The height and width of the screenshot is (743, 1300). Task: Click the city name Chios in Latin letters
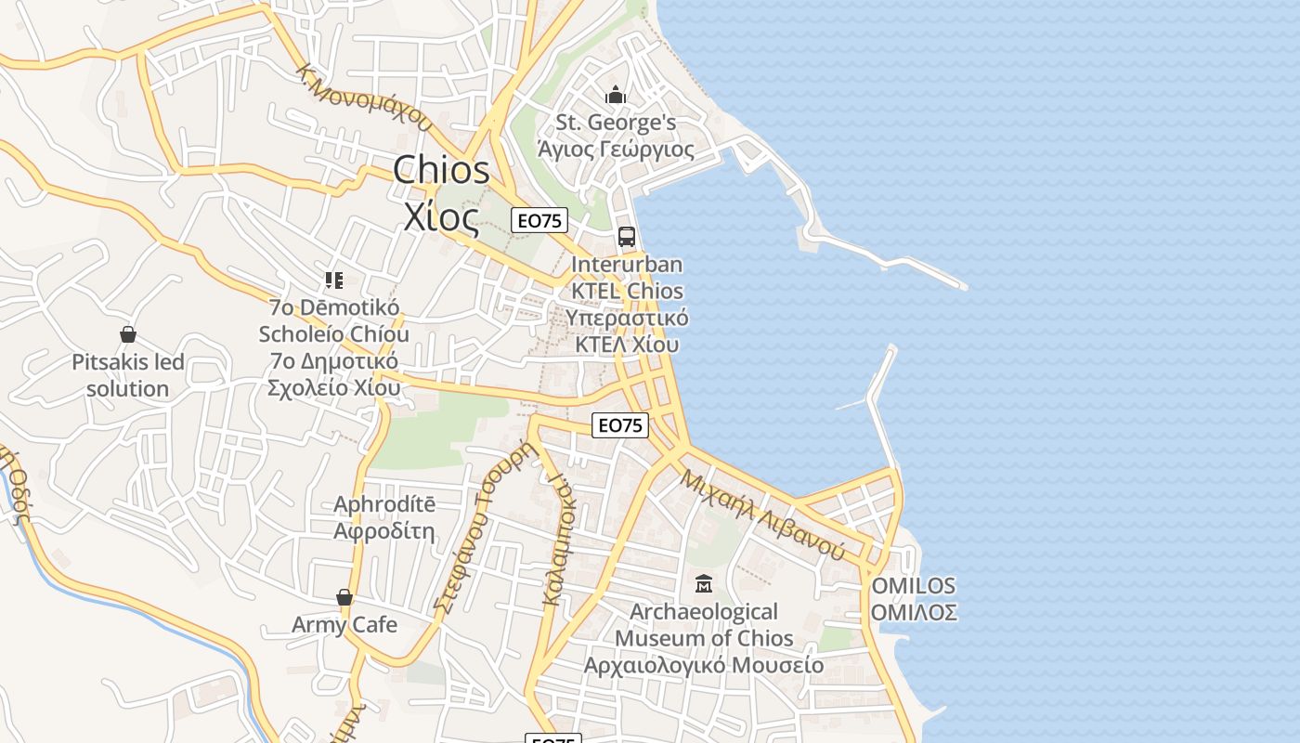(x=441, y=170)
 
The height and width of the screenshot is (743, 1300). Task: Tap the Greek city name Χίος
(x=441, y=216)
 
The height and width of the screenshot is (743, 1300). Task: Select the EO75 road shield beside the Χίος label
(x=539, y=220)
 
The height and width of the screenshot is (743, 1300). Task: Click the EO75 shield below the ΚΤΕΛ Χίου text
(x=620, y=425)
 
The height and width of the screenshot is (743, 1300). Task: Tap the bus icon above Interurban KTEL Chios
(x=627, y=237)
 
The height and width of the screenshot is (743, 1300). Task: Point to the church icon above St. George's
(x=615, y=95)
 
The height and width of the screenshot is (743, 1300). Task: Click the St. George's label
(x=616, y=123)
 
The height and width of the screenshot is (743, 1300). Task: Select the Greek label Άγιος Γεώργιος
(x=616, y=149)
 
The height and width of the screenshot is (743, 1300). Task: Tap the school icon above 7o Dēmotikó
(x=334, y=280)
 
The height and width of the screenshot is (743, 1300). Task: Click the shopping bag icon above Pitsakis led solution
(x=128, y=334)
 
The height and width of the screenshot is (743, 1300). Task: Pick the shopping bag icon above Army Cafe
(x=344, y=597)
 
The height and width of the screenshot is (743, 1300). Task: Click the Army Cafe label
(x=344, y=624)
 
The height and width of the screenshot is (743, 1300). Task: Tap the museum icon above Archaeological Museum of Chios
(x=704, y=584)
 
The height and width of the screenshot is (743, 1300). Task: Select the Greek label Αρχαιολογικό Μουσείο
(x=704, y=665)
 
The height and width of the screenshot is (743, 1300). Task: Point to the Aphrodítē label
(x=384, y=504)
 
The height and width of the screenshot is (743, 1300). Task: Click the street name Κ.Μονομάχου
(x=365, y=97)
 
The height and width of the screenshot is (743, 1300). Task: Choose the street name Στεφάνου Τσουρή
(x=487, y=527)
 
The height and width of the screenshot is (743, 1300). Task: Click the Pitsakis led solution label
(x=128, y=375)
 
